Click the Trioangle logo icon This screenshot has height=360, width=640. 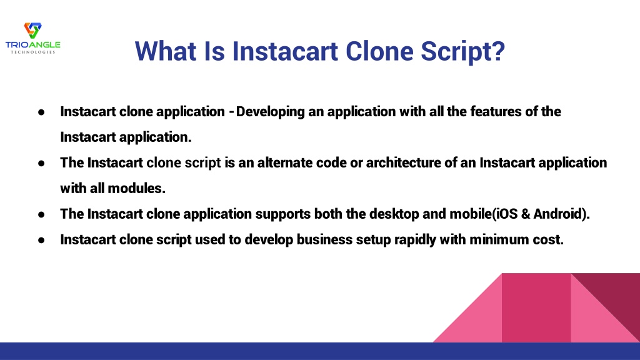[x=32, y=31]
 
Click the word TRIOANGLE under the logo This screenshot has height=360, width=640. [x=32, y=45]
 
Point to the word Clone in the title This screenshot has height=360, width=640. [x=379, y=51]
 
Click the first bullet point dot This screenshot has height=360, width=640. [x=41, y=112]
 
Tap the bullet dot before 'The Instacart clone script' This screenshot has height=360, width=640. [x=41, y=163]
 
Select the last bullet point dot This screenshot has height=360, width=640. [x=41, y=240]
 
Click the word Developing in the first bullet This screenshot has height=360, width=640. [x=270, y=112]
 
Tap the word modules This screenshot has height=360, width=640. [x=136, y=188]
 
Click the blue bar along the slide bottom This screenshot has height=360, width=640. [x=320, y=351]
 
